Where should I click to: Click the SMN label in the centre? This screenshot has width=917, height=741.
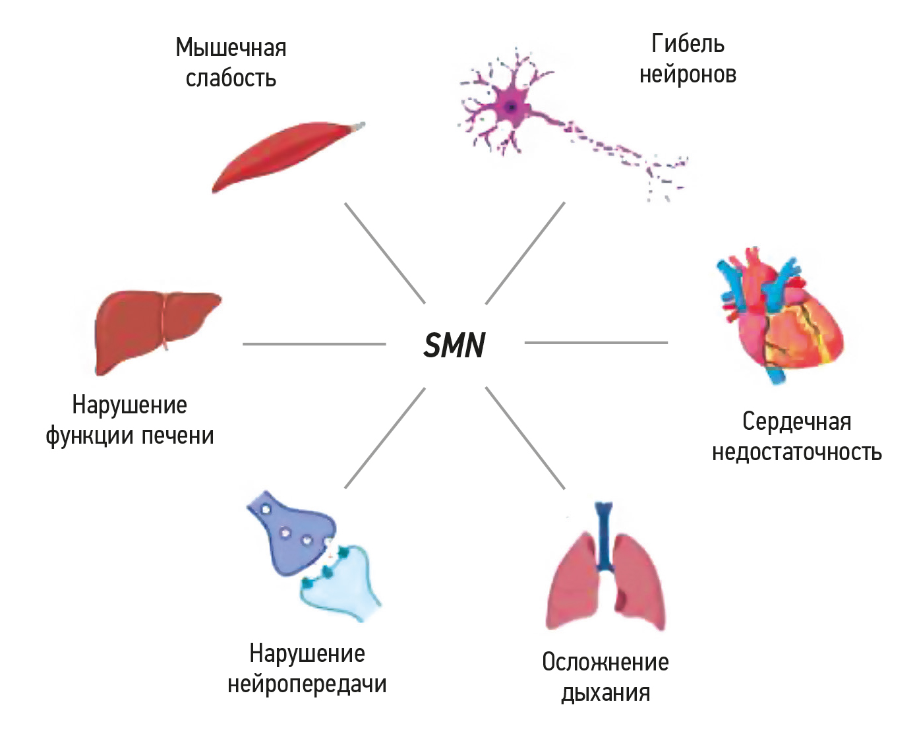tap(454, 345)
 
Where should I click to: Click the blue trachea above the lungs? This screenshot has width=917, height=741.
tap(603, 534)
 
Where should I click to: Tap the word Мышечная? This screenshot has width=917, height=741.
tap(231, 48)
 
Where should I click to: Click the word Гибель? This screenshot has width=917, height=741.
tap(688, 44)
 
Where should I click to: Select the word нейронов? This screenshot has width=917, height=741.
tap(688, 74)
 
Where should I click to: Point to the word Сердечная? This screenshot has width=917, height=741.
tap(796, 421)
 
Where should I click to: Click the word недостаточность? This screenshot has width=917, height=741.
tap(796, 452)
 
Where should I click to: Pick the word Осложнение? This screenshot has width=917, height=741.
tap(605, 662)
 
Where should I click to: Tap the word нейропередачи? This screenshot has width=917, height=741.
tap(307, 684)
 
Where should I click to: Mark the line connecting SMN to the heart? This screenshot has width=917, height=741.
tap(596, 343)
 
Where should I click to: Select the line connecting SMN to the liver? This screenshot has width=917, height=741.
tap(314, 343)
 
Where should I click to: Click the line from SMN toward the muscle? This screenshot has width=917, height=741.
tap(385, 253)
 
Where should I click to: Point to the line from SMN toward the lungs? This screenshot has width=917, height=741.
tap(525, 438)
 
